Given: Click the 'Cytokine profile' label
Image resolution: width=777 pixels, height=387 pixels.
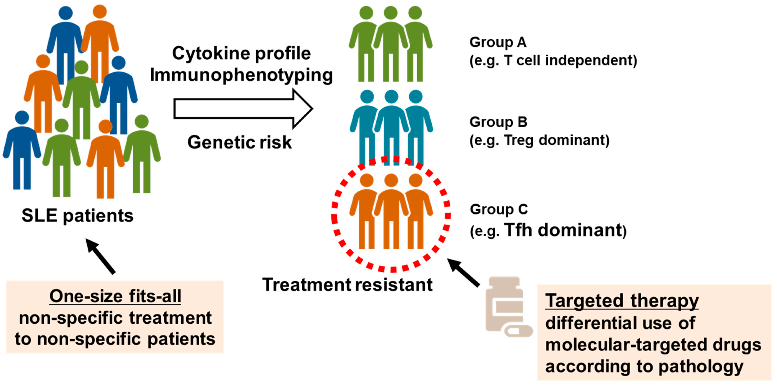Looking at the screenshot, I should pos(241,53).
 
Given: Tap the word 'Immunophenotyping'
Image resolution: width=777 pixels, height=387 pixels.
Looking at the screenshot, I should pos(241,75).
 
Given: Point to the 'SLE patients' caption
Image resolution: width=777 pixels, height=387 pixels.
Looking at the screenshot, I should pos(78,215).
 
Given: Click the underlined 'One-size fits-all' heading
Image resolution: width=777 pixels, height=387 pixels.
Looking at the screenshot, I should pos(115,296).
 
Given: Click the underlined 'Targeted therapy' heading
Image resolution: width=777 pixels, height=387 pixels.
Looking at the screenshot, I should pos(622,301).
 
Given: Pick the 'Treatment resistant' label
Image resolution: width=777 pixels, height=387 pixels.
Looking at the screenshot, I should pos(347,284).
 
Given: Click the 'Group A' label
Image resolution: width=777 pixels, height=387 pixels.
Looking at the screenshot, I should pos(498,42).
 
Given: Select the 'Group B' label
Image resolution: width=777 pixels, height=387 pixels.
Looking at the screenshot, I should pos(498,122).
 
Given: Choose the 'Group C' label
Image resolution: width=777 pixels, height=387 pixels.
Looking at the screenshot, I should pos(499,209).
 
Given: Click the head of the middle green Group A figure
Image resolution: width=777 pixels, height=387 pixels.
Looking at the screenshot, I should pos(391,13).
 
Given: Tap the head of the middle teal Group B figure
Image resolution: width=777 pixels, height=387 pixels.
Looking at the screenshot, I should pos(391,96).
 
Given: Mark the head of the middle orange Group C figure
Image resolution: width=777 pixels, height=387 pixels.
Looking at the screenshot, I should pos(391,180).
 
